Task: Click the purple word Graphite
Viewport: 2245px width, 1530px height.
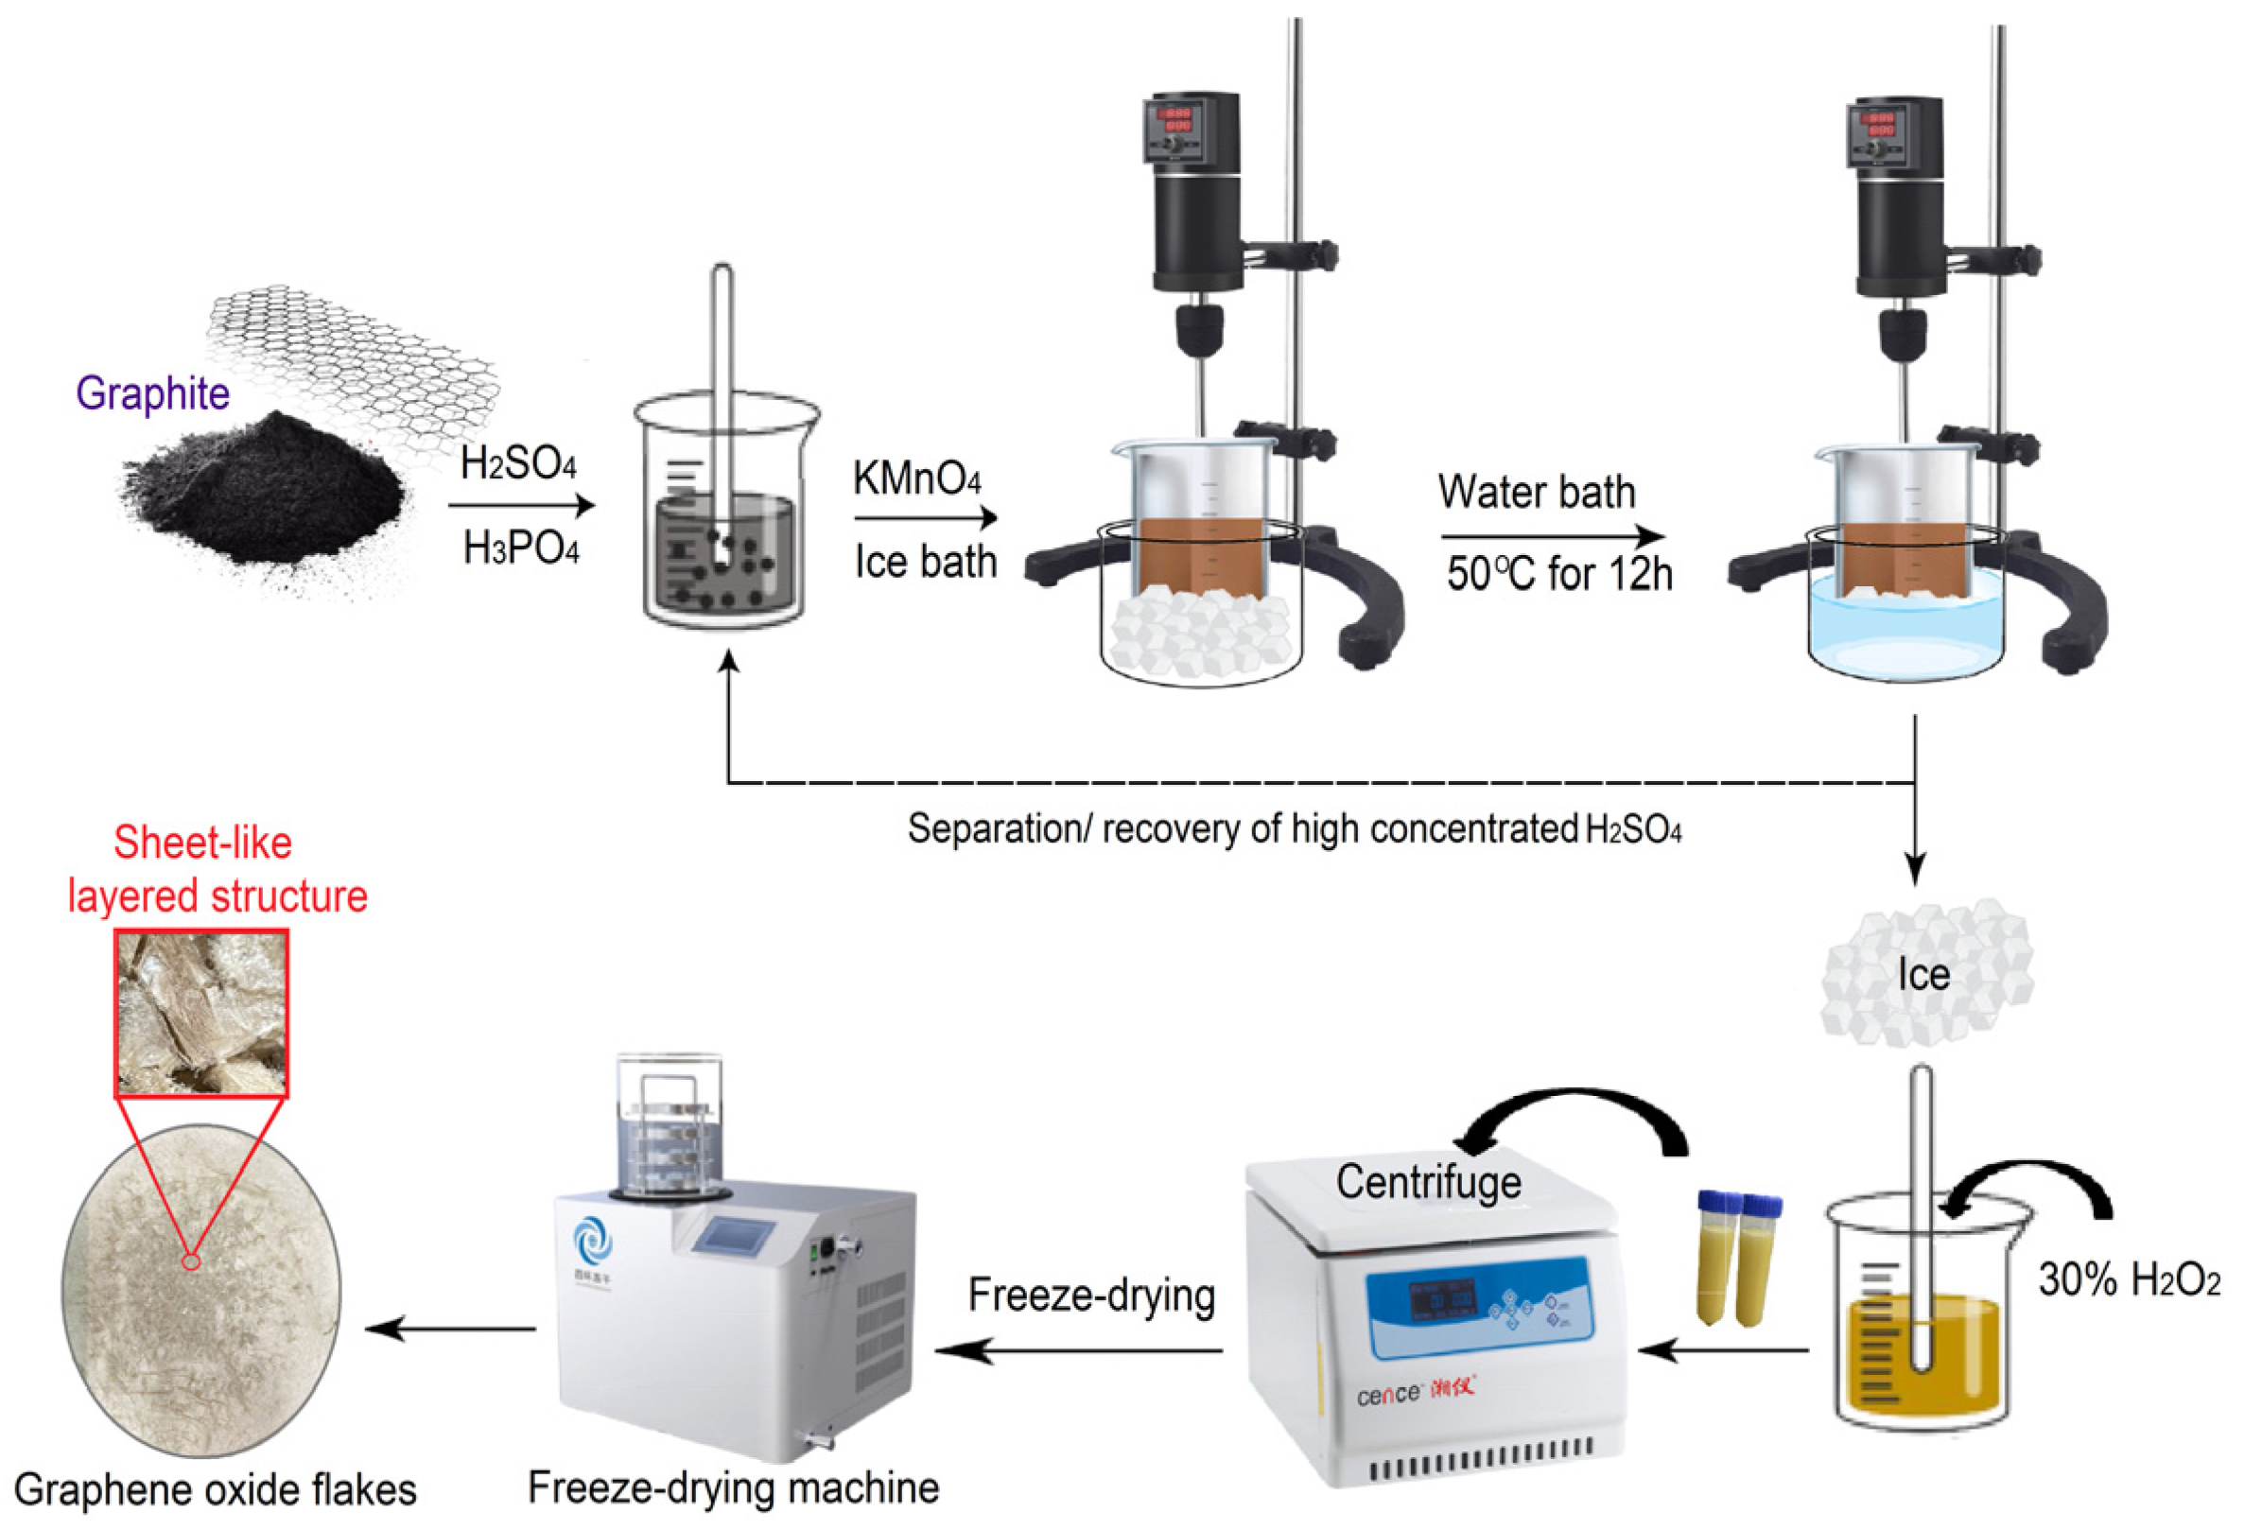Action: pos(152,393)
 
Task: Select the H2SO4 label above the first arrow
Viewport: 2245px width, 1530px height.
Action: pos(519,463)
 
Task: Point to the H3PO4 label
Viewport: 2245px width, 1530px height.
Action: pos(521,548)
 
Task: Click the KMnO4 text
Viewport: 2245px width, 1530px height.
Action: pos(916,478)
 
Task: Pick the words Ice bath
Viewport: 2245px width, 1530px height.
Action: pos(926,561)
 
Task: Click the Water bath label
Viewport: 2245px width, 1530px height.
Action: pos(1537,492)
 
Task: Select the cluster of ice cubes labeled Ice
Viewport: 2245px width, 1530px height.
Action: pos(1926,974)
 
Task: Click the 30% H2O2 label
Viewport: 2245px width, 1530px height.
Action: pos(2129,1278)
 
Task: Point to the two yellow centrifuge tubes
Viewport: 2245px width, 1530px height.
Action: pos(1739,1258)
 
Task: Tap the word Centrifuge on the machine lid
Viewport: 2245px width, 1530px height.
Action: pos(1429,1181)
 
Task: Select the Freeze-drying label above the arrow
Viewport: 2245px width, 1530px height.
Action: pos(1091,1295)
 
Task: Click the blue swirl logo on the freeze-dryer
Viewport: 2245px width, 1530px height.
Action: pos(592,1242)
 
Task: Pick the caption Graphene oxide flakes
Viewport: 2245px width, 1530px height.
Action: pos(216,1489)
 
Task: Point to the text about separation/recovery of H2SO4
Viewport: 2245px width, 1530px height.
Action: pos(1295,828)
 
